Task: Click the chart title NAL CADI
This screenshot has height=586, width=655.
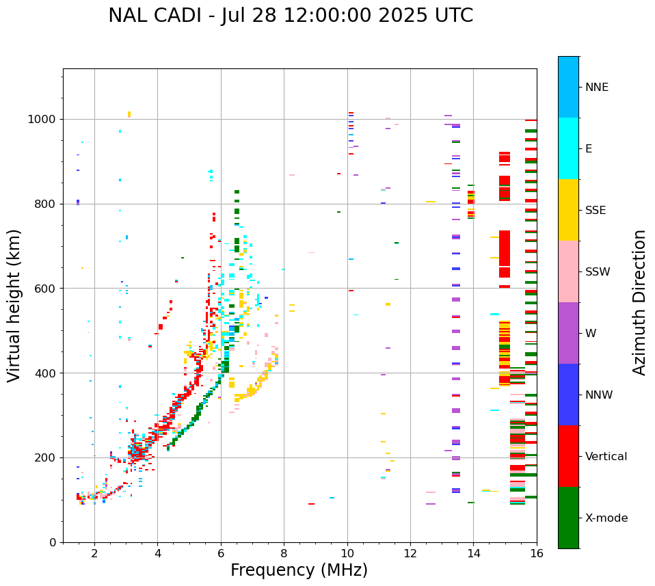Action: [291, 16]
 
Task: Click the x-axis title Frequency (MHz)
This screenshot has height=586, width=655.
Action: [299, 570]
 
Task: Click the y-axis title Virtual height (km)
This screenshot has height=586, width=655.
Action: [14, 306]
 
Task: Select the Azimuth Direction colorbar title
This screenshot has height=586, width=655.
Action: [639, 302]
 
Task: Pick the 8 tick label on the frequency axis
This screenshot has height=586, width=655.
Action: [284, 553]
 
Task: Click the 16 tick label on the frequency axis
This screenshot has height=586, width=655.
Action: [537, 553]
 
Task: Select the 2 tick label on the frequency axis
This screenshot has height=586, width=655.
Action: [94, 553]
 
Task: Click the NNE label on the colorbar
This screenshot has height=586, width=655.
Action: [597, 88]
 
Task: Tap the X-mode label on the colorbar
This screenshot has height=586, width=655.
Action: [606, 518]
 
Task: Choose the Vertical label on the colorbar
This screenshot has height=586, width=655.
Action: [606, 457]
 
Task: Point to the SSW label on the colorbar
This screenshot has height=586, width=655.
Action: [598, 272]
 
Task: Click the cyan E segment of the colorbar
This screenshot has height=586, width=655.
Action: [568, 148]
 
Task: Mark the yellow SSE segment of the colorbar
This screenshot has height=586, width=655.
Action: [568, 210]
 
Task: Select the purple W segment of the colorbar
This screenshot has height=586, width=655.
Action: [568, 333]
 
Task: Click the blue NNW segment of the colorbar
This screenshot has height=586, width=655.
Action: [568, 395]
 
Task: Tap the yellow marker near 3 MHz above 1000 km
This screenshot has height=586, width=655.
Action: [129, 114]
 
